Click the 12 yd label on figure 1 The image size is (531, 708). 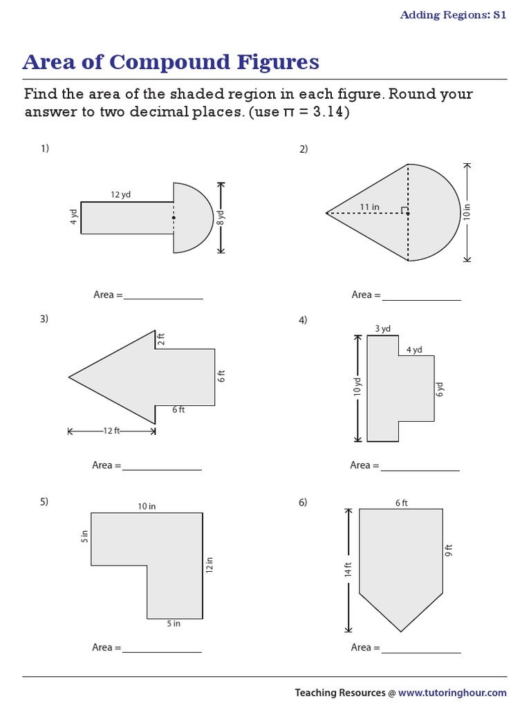tap(121, 195)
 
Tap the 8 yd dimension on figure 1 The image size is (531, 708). tap(221, 218)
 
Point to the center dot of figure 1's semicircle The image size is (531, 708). tap(174, 218)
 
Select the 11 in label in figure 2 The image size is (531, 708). tap(370, 207)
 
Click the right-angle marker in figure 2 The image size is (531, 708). tap(404, 209)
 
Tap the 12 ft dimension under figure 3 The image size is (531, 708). tap(111, 431)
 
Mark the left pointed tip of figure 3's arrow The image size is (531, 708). tap(69, 377)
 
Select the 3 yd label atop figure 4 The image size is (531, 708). tap(382, 329)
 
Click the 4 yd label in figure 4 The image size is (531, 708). tap(414, 350)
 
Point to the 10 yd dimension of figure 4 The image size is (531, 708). tap(358, 387)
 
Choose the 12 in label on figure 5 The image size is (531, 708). tap(209, 565)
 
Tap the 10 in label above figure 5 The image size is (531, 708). tap(147, 506)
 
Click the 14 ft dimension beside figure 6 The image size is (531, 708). tap(348, 570)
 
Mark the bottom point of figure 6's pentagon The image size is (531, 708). tap(401, 631)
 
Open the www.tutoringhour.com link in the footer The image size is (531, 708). tap(452, 692)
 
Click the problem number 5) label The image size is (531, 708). tap(44, 502)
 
